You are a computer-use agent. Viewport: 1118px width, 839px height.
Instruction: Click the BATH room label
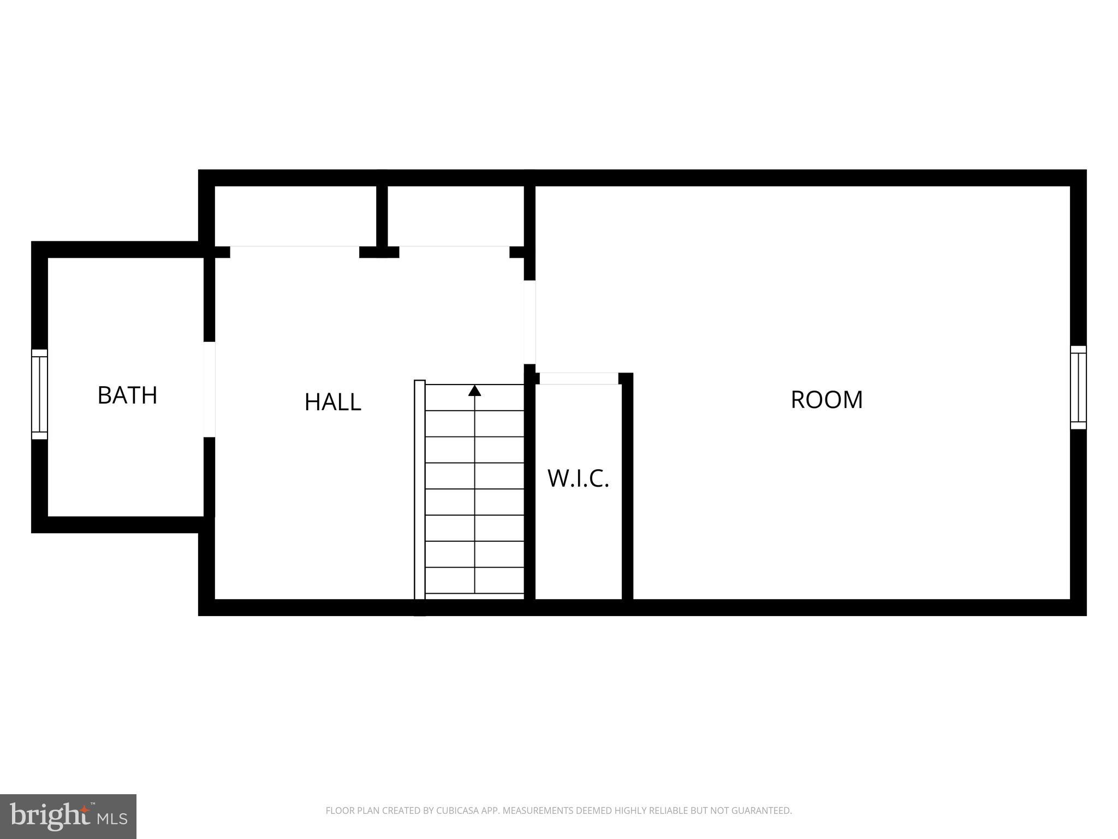click(x=127, y=395)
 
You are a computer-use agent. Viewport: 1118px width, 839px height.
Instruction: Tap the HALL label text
click(x=332, y=402)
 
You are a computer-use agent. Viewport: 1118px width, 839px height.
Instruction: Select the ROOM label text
click(x=826, y=399)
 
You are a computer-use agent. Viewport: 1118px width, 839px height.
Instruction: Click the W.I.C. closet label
click(x=578, y=478)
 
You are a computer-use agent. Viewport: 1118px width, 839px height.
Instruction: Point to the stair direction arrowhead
click(x=474, y=391)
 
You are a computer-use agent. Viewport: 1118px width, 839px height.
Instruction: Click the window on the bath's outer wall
click(x=39, y=394)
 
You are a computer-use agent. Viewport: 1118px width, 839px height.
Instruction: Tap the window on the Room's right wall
click(x=1078, y=387)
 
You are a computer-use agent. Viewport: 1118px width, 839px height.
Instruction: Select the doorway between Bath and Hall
click(x=209, y=389)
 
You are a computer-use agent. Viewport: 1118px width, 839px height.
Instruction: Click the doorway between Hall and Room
click(x=530, y=322)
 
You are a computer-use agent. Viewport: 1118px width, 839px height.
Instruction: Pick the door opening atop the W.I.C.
click(x=579, y=379)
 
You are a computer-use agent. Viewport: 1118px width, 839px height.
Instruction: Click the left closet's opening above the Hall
click(x=294, y=251)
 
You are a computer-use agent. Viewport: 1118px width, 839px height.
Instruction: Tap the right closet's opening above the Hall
click(x=454, y=251)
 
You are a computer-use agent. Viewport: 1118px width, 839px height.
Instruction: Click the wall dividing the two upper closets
click(x=382, y=216)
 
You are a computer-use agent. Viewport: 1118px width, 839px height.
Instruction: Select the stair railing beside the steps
click(x=419, y=492)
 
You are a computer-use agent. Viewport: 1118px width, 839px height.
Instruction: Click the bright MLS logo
click(x=68, y=816)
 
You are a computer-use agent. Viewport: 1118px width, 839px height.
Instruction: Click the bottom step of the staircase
click(x=474, y=581)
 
